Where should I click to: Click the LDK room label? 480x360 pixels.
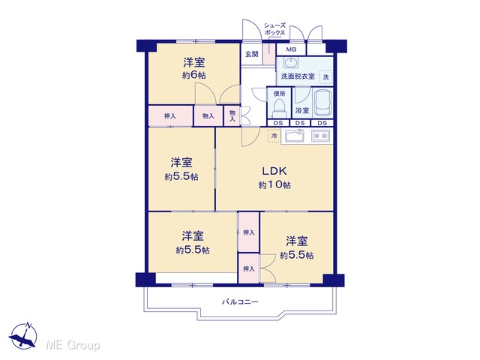pos(274,171)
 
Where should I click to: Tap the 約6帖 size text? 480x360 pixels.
pos(194,75)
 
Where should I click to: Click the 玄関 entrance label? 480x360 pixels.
pos(252,54)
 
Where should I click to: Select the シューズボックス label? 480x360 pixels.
pos(274,29)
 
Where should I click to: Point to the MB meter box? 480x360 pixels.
pos(291,49)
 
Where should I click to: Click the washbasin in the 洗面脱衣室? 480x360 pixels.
pos(290,63)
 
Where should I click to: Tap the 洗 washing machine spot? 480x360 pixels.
pos(326,76)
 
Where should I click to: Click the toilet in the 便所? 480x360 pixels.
pos(279,108)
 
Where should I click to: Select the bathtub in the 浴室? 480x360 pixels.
pos(322,103)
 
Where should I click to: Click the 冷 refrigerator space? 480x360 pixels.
pos(274,135)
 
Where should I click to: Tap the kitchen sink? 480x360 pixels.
pos(295,136)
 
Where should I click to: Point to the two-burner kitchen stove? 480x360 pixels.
pos(320,135)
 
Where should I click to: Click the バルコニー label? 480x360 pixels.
pos(240,302)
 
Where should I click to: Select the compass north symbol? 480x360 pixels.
pos(23,336)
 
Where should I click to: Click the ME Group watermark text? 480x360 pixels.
pos(73,345)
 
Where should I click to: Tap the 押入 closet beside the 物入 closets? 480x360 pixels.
pos(170,116)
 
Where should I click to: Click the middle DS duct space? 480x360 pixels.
pos(300,123)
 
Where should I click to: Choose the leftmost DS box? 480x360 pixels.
pos(278,123)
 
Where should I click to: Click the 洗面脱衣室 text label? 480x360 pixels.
pos(298,76)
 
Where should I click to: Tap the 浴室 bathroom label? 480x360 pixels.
pos(302,110)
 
